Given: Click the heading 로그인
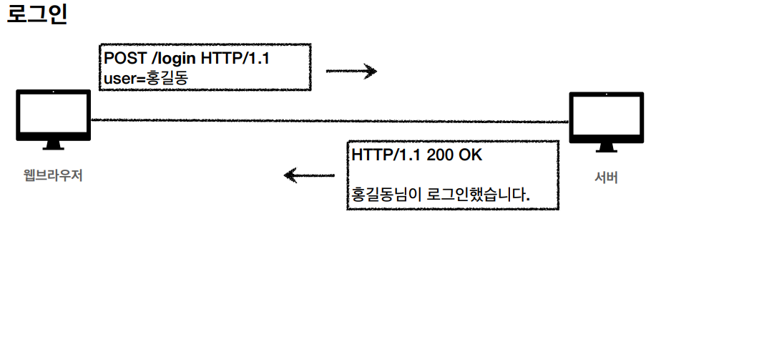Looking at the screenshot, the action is [x=36, y=15].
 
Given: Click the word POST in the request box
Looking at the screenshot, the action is [x=124, y=59].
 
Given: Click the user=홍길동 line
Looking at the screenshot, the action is [x=145, y=77].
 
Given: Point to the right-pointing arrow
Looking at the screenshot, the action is [x=351, y=71].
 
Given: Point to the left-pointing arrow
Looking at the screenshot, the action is [x=309, y=175].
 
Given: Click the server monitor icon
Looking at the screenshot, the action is [x=606, y=120].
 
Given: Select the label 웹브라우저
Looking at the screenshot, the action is [x=54, y=175].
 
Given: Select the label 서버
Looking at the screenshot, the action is [x=606, y=177].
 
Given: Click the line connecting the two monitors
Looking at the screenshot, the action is [x=329, y=120].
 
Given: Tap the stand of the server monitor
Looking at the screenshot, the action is [x=606, y=147].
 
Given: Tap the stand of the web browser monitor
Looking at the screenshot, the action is [x=54, y=145].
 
